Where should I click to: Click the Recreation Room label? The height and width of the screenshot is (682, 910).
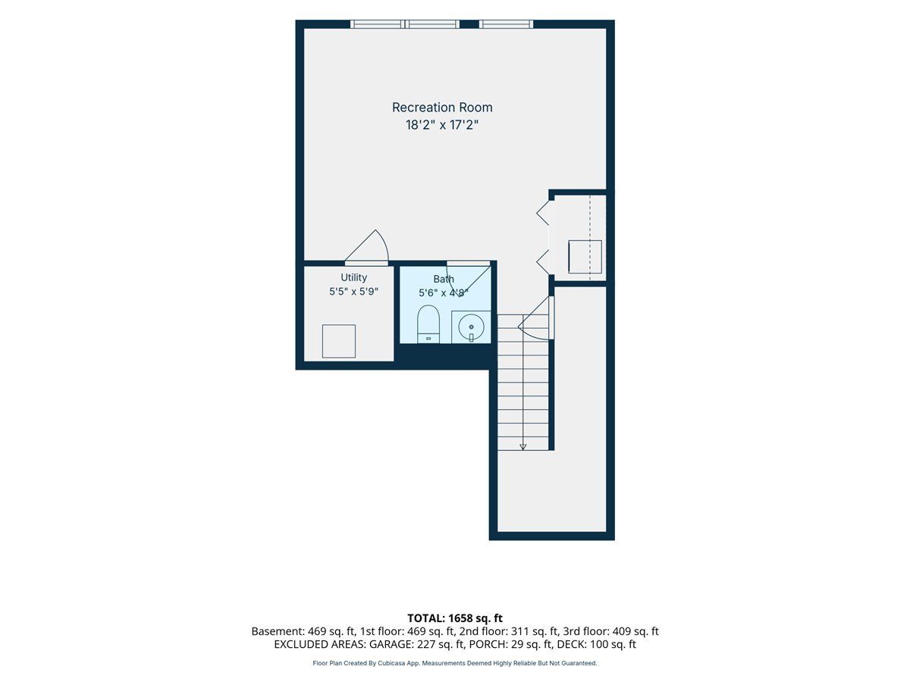[442, 108]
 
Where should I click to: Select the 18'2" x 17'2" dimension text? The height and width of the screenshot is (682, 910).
[442, 124]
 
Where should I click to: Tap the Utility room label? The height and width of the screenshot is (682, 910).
[353, 277]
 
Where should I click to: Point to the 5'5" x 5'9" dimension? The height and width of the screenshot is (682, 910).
[353, 292]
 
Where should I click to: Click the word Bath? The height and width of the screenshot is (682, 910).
[444, 279]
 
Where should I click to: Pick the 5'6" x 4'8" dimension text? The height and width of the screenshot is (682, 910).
[443, 293]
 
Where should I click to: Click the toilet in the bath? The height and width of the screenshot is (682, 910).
[428, 324]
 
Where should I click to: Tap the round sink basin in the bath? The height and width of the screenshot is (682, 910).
[471, 327]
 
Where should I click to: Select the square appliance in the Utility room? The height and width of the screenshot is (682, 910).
[339, 341]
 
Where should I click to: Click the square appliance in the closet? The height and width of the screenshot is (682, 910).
[585, 257]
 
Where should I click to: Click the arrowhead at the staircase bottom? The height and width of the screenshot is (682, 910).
[522, 447]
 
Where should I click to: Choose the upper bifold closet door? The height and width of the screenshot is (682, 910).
[543, 213]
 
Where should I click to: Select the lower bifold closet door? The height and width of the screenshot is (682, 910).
[543, 261]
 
